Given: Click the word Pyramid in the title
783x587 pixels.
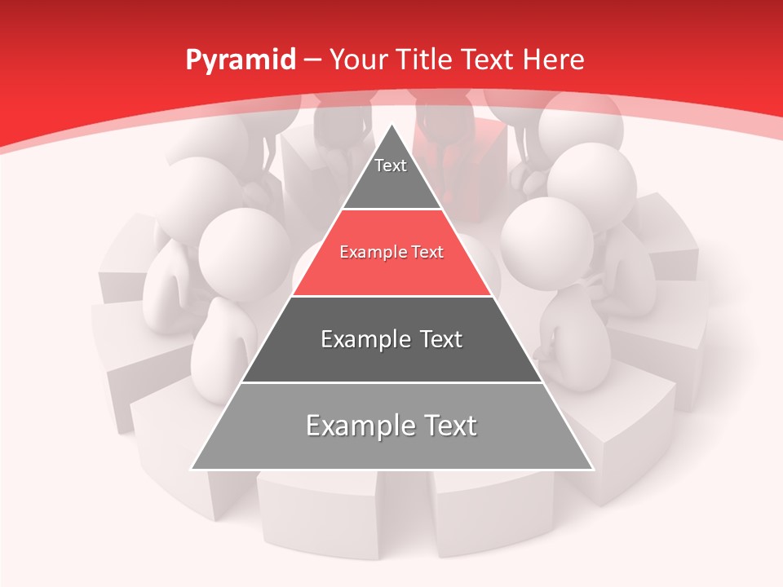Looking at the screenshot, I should coord(240,60).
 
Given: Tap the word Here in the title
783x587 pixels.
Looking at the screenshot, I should coord(554,60).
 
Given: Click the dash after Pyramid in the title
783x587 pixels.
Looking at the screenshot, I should coord(312,60).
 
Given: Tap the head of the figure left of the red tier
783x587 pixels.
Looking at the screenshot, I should coord(244,249).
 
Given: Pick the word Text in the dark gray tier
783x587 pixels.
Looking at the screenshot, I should coord(440,339).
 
